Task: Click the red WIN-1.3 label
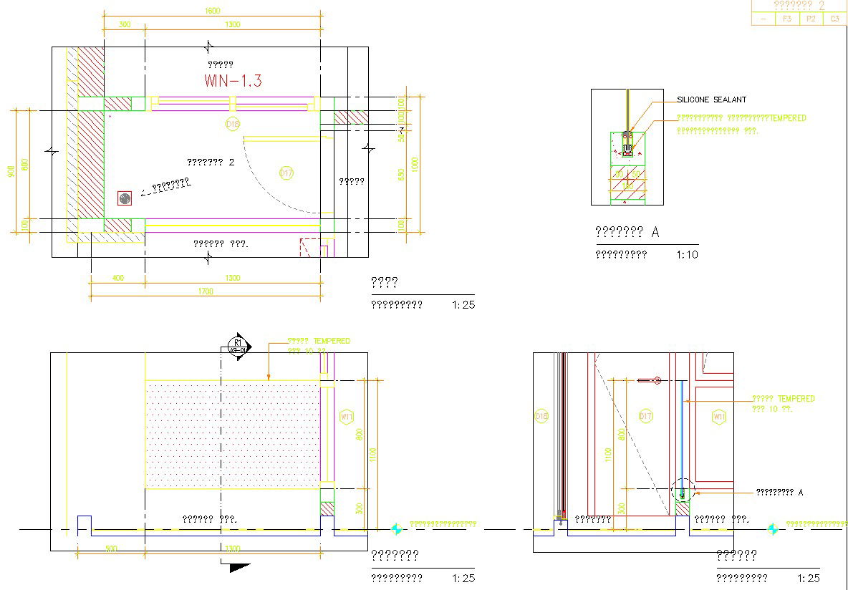pyautogui.click(x=233, y=81)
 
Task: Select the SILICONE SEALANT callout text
pyautogui.click(x=711, y=100)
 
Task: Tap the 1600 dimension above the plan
pyautogui.click(x=213, y=10)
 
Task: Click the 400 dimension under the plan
pyautogui.click(x=117, y=278)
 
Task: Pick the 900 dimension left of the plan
pyautogui.click(x=11, y=172)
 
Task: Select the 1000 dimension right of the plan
pyautogui.click(x=415, y=164)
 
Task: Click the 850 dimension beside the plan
pyautogui.click(x=402, y=174)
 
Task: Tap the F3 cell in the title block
pyautogui.click(x=786, y=19)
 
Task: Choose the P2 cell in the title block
pyautogui.click(x=811, y=19)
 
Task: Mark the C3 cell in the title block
pyautogui.click(x=835, y=19)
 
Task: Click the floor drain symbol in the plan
pyautogui.click(x=125, y=198)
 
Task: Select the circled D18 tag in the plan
pyautogui.click(x=232, y=125)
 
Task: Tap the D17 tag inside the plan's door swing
pyautogui.click(x=286, y=173)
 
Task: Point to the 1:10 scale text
pyautogui.click(x=687, y=254)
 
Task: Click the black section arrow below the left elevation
pyautogui.click(x=239, y=567)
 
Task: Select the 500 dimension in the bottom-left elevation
pyautogui.click(x=111, y=548)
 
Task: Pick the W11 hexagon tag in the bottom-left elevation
pyautogui.click(x=347, y=416)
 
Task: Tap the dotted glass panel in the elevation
pyautogui.click(x=232, y=434)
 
